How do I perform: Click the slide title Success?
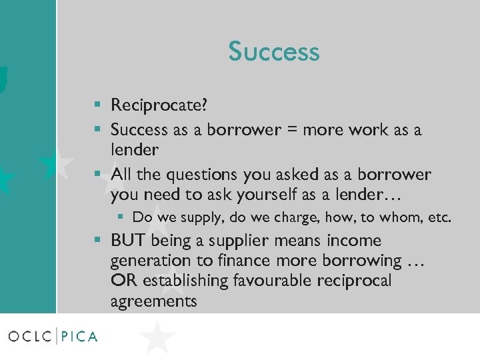click(x=273, y=52)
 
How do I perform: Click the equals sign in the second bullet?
click(x=290, y=129)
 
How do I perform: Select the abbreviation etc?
click(x=438, y=217)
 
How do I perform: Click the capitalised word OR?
click(x=121, y=280)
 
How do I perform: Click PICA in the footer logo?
click(x=80, y=336)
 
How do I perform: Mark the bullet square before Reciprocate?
click(x=97, y=105)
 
